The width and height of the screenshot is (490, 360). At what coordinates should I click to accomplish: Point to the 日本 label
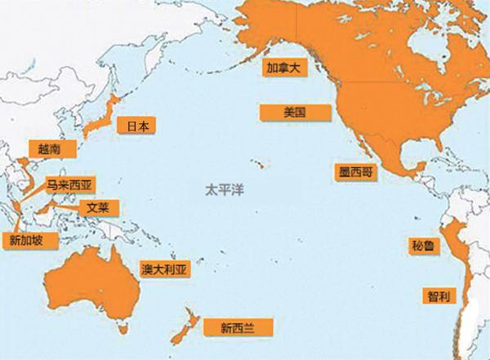tap(137, 127)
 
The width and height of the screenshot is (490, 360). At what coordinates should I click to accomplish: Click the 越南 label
tap(42, 149)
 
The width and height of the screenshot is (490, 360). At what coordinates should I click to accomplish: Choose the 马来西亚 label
tap(69, 186)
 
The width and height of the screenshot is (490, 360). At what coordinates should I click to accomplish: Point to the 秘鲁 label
tap(425, 244)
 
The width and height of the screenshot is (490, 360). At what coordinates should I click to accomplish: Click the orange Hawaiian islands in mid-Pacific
tap(259, 166)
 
